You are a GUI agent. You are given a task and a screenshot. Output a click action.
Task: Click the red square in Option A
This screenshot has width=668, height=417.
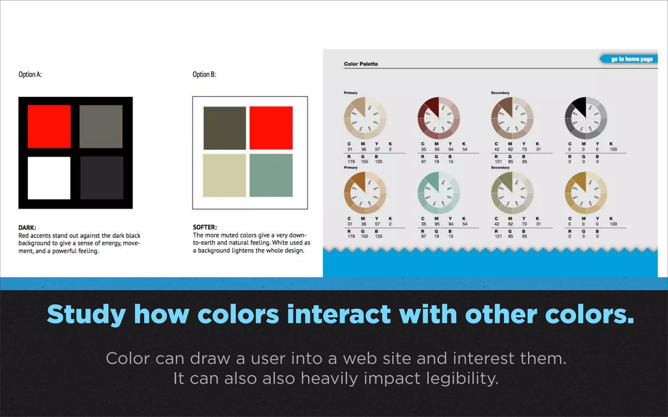coord(49,126)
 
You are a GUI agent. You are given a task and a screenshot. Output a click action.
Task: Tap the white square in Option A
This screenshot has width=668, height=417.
coord(49,178)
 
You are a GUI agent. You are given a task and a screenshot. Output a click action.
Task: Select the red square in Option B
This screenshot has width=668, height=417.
coord(271,128)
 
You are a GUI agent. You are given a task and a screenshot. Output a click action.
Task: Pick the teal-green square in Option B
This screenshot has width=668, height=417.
coord(271,175)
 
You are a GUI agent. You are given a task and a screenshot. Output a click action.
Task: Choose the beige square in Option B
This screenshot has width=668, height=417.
coord(224,175)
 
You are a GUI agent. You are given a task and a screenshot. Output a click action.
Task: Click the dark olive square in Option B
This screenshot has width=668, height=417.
coord(225,128)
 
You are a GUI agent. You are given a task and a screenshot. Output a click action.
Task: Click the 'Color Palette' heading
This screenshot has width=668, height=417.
coord(361,64)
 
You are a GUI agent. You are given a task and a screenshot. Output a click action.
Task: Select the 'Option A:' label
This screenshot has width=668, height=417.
coord(30,74)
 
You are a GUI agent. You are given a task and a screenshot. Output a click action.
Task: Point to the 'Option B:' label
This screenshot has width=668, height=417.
coord(204,74)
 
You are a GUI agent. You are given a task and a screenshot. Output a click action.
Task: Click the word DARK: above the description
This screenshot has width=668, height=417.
coord(27,227)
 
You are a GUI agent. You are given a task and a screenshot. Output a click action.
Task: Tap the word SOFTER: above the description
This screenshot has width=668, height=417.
coord(205,227)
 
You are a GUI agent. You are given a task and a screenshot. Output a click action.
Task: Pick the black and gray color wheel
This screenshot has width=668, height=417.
coord(586,118)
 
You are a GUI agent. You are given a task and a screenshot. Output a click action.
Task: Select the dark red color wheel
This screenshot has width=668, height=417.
coord(439,118)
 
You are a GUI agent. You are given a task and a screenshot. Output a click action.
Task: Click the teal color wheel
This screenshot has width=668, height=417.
coord(439,193)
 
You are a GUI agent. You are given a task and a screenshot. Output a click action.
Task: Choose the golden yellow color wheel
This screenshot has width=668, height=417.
coord(586,193)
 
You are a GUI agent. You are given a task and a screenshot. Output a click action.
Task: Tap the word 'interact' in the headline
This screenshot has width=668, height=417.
coord(339,314)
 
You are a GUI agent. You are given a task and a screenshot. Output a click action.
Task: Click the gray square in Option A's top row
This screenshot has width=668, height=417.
coord(101,126)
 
